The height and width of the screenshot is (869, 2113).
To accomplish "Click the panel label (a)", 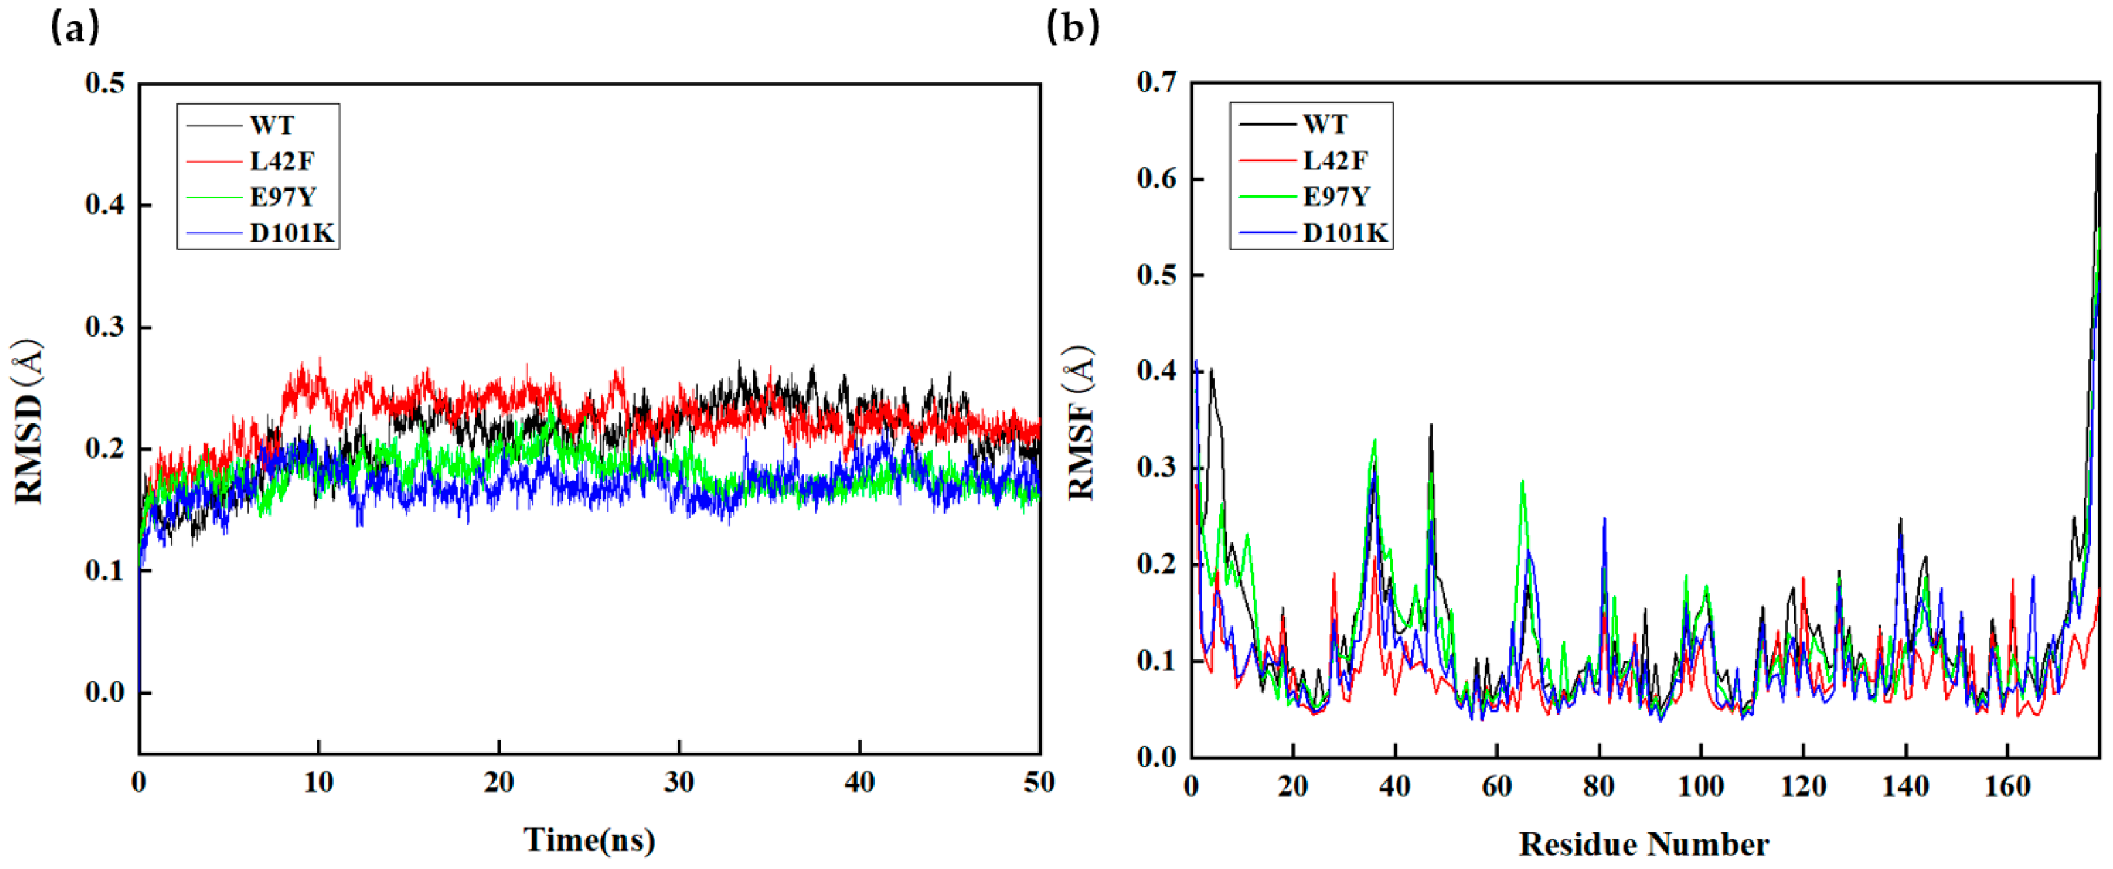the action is click(76, 29).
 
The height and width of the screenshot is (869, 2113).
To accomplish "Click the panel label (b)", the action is click(1073, 29).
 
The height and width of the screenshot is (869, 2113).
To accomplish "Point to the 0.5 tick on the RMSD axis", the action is click(105, 83).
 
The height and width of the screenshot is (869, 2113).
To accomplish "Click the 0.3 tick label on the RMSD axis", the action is click(105, 326).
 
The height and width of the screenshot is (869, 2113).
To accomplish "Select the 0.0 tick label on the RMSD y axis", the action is click(105, 692).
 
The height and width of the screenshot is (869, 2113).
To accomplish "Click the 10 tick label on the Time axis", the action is click(318, 783).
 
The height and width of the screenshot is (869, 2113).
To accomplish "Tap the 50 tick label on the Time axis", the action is click(1039, 783).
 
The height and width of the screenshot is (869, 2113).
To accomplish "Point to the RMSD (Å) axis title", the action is click(28, 421).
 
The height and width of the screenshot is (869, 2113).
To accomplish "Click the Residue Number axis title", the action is click(1644, 845).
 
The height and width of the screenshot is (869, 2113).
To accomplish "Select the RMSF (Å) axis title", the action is click(1081, 422).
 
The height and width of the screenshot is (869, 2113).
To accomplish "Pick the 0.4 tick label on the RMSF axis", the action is click(1157, 372).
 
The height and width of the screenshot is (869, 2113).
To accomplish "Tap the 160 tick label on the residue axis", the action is click(2007, 787).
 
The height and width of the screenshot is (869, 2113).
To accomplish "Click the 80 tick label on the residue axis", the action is click(1599, 787).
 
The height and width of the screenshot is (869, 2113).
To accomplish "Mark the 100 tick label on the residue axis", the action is click(1701, 787).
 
